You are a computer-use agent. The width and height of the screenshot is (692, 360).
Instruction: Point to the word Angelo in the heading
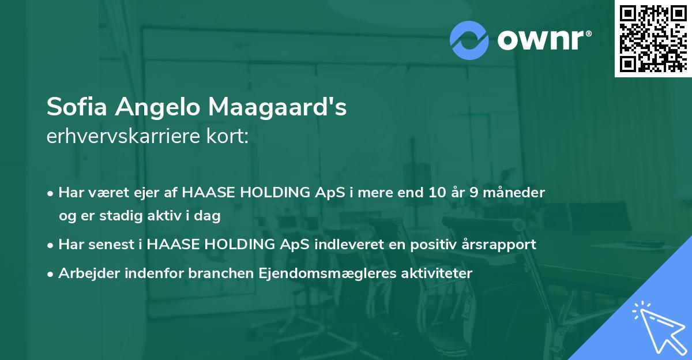coord(152,107)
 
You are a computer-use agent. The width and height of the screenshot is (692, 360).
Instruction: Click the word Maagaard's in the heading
coord(277,107)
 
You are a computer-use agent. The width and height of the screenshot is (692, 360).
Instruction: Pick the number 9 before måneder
coord(480,193)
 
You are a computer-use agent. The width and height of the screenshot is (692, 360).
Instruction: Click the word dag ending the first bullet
coord(209,216)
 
